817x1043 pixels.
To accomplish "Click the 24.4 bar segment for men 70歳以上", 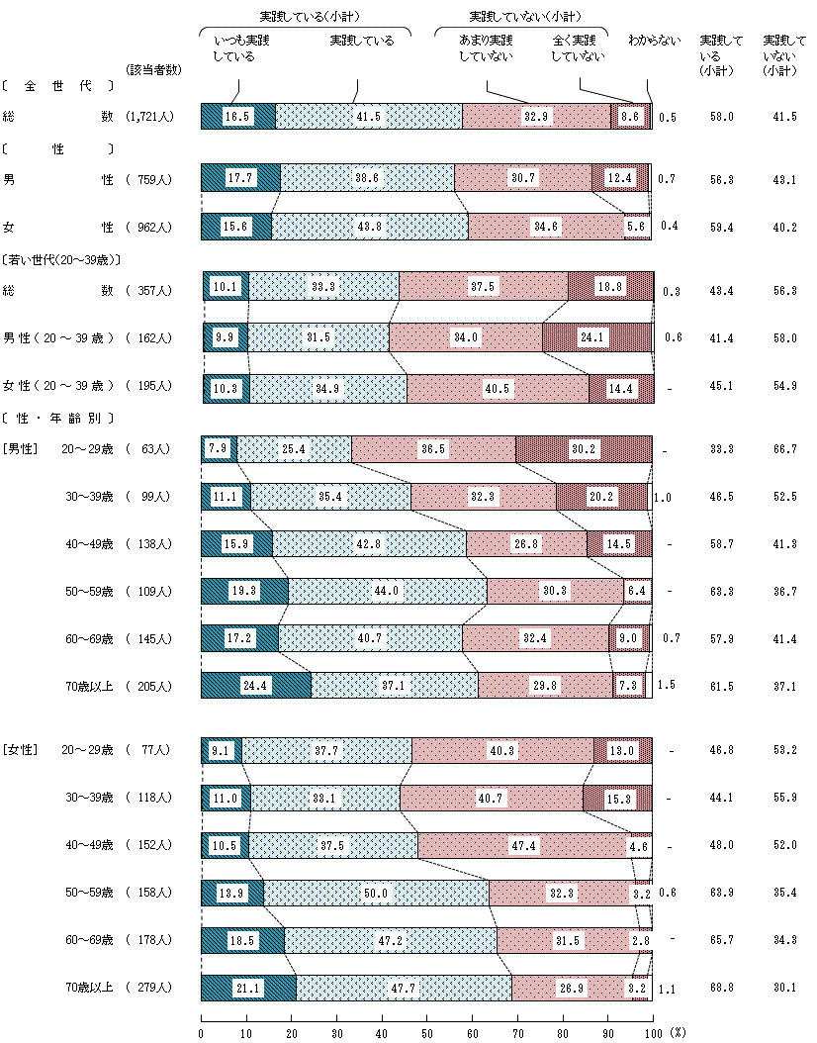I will (255, 686).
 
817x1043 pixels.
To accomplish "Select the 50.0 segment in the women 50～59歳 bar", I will (376, 893).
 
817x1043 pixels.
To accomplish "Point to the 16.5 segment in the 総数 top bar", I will (237, 116).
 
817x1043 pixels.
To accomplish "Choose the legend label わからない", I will (655, 42).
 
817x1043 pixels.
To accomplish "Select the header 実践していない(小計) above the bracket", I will (524, 17).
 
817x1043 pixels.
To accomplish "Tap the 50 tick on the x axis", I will (426, 1031).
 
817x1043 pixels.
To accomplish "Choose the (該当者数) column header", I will (152, 69).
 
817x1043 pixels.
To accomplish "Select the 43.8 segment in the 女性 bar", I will (370, 227).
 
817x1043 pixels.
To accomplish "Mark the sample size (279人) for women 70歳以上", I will (150, 988).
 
